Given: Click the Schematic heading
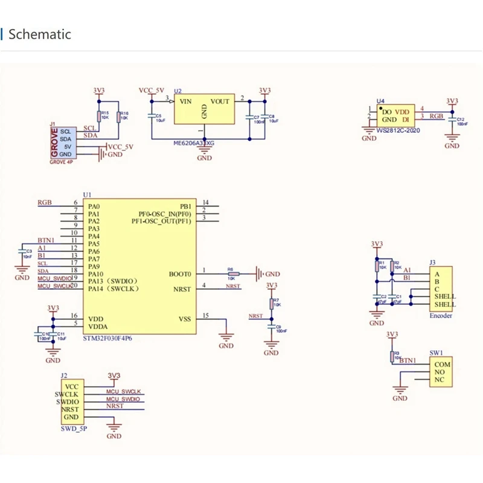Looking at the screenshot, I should [x=39, y=34].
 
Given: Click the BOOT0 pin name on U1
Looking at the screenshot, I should [x=179, y=273].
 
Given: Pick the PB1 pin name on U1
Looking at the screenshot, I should [x=185, y=206].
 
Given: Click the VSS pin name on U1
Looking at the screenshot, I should [x=185, y=318].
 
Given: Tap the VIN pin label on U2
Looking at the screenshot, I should [x=186, y=101].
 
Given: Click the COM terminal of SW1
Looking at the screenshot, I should [x=442, y=364].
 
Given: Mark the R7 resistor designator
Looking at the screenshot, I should [x=275, y=300].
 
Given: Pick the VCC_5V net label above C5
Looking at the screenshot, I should [x=152, y=90].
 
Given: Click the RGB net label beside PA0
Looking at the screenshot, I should [x=45, y=202].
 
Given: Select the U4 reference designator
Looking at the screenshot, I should [x=380, y=101].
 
